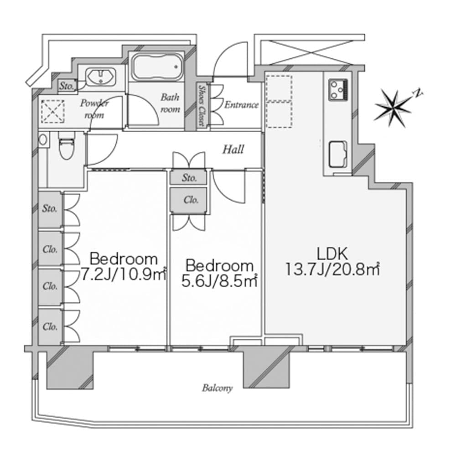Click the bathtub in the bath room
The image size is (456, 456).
157,67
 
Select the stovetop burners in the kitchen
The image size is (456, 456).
338,90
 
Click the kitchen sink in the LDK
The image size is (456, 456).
338,154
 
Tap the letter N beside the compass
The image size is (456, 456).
418,93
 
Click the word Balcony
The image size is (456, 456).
218,388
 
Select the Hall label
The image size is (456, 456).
233,150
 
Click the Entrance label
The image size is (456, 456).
241,104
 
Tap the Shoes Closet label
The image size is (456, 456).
201,105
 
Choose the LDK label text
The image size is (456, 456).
332,254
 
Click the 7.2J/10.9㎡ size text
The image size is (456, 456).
123,274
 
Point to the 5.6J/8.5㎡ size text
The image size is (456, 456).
219,281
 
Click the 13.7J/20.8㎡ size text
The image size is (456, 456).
332,269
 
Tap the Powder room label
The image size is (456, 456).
94,109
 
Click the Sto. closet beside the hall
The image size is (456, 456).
189,178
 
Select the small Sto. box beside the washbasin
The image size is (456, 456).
67,86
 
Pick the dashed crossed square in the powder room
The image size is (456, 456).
52,111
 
